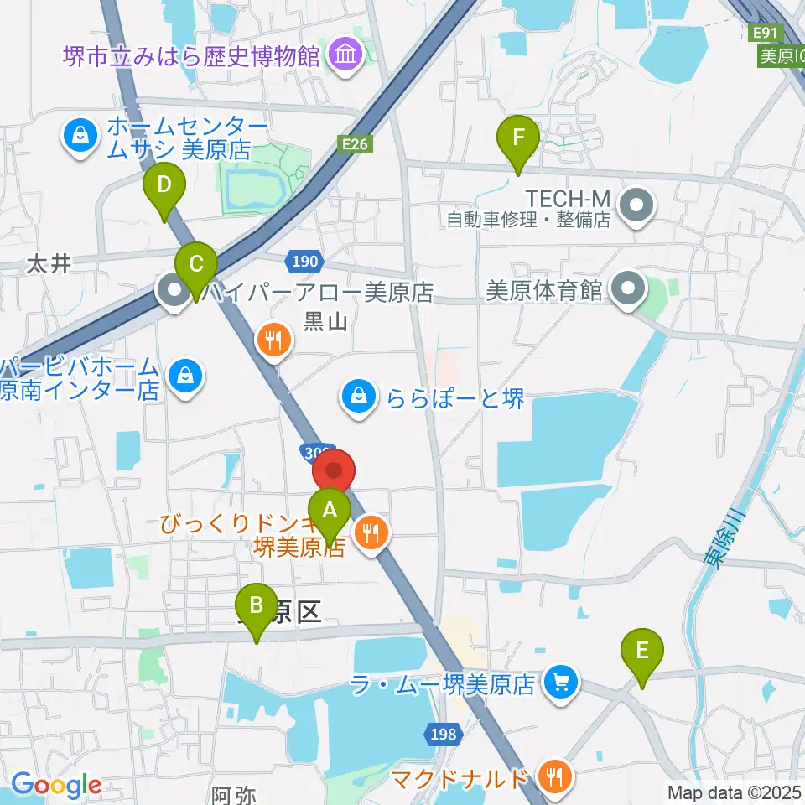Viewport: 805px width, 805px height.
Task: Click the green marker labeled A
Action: tap(330, 509)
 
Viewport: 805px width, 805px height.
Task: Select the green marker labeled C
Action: tap(196, 265)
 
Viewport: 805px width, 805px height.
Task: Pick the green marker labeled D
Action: tap(164, 184)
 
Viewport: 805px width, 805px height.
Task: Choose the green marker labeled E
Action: tap(642, 651)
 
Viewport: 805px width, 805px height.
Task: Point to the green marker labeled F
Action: tap(518, 137)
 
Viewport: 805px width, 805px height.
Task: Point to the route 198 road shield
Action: tap(444, 735)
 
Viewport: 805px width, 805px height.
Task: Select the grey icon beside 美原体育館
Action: tap(628, 290)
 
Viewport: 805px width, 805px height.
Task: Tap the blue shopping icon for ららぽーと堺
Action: tap(359, 397)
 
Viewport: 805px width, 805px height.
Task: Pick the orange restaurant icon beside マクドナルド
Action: tap(553, 777)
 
